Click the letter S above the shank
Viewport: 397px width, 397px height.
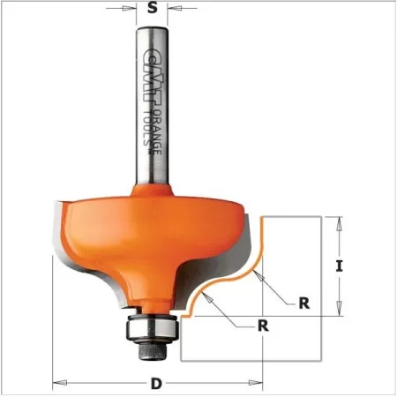tap(153, 10)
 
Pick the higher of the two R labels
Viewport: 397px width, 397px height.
tap(303, 302)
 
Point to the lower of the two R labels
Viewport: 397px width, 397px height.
tap(262, 324)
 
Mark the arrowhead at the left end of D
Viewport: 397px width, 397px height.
tap(57, 382)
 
